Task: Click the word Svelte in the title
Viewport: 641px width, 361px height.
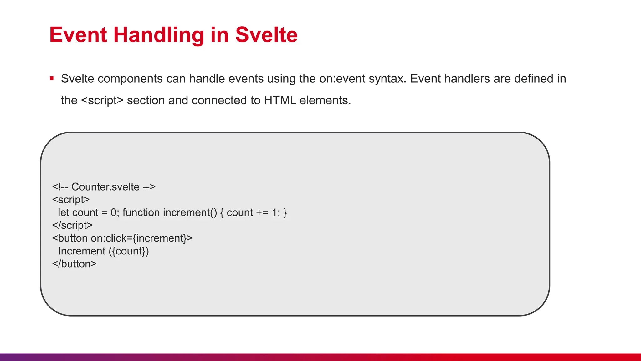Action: click(x=266, y=34)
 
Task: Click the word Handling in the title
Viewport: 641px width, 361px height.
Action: click(x=159, y=34)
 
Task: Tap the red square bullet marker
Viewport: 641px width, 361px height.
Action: click(x=52, y=78)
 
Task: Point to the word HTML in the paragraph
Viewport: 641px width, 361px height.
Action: click(x=280, y=100)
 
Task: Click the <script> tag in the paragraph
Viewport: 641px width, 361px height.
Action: click(x=102, y=100)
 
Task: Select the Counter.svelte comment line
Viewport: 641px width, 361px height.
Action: click(x=104, y=187)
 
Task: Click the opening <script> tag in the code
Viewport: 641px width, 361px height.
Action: click(x=71, y=200)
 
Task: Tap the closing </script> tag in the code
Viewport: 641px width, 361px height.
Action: click(x=72, y=225)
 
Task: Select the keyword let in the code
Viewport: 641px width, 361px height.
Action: click(x=63, y=212)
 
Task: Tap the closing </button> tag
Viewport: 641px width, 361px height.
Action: click(x=74, y=264)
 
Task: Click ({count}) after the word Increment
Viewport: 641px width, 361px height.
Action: click(x=129, y=251)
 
